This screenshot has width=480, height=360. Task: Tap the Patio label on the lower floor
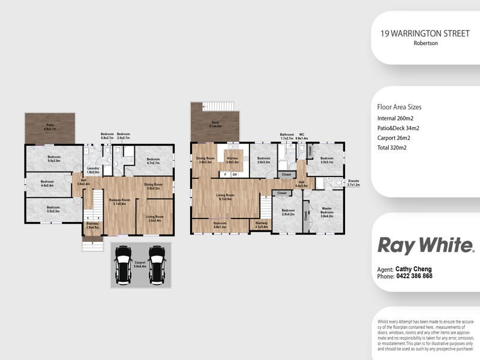49,128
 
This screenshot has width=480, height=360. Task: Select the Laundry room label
92,170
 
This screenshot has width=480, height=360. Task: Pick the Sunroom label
220,225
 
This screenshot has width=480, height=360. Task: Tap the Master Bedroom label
327,211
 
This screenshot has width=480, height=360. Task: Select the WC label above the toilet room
303,136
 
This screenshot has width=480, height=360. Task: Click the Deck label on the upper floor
214,126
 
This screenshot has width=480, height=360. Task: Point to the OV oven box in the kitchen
235,175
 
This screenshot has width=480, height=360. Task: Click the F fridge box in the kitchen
224,175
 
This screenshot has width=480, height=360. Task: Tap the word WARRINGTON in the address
418,35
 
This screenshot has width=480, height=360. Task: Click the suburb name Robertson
425,44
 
